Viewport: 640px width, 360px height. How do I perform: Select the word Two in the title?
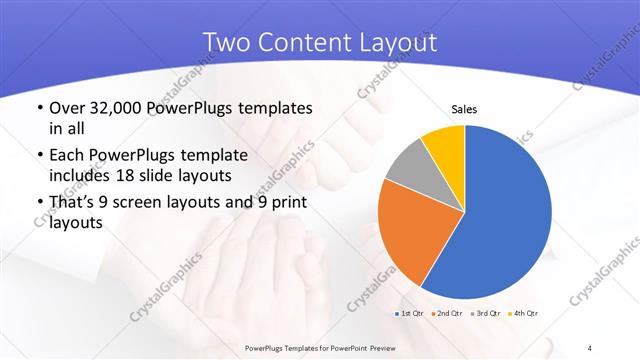pyautogui.click(x=228, y=42)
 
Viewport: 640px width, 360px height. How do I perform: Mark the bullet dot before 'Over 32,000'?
pyautogui.click(x=38, y=108)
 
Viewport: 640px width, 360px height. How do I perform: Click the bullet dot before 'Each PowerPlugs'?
pyautogui.click(x=38, y=156)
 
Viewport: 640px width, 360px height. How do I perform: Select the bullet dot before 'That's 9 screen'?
pyautogui.click(x=38, y=204)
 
